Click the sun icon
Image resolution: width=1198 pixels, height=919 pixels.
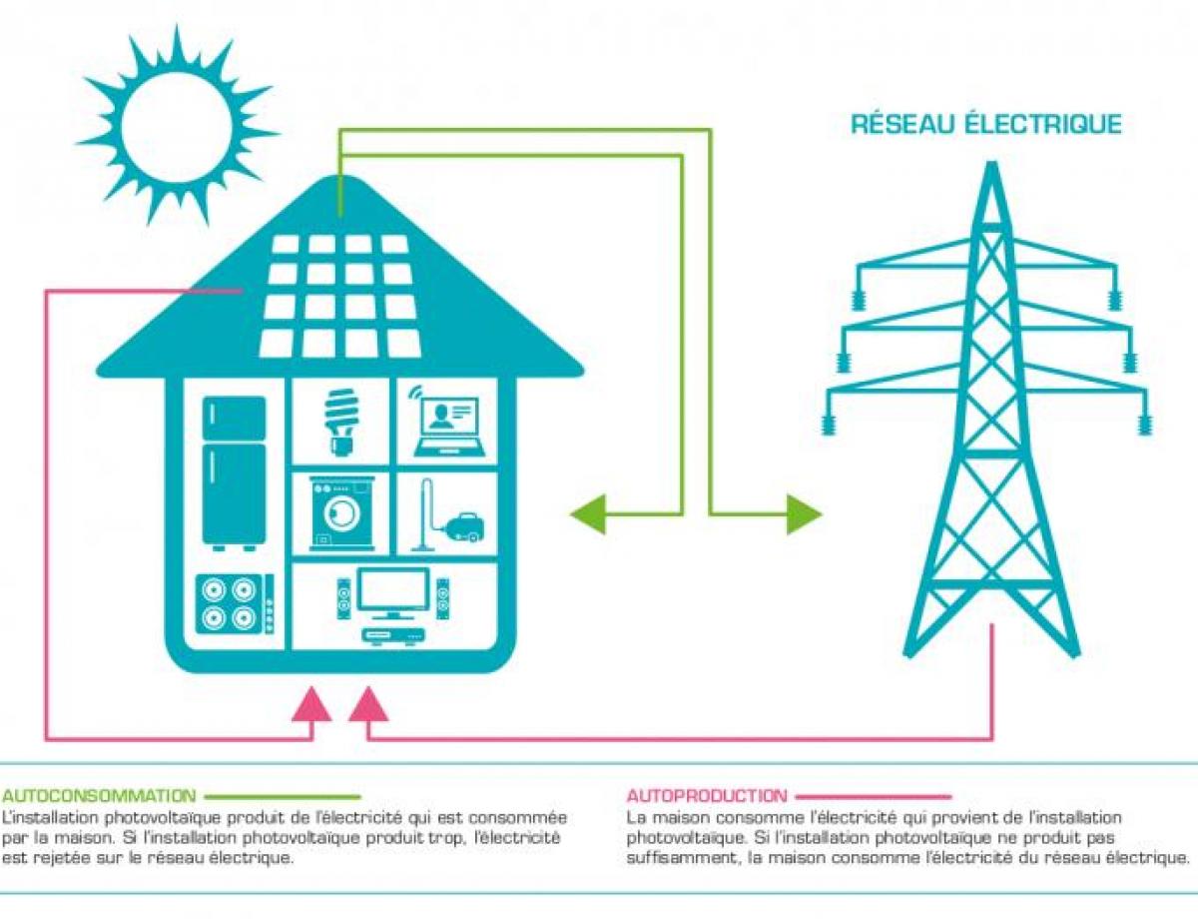177,125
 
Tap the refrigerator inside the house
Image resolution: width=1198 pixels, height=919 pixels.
234,473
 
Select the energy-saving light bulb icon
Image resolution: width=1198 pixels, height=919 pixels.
340,422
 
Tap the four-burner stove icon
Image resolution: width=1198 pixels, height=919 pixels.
235,604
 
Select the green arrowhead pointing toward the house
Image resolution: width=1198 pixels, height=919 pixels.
588,514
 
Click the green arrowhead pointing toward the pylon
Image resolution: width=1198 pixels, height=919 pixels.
804,514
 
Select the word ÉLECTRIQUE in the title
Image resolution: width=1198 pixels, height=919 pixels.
1043,124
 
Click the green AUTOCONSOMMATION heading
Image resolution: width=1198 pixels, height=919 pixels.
99,795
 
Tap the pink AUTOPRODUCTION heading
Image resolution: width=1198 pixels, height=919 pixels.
708,795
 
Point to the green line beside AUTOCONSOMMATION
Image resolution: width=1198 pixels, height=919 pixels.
282,796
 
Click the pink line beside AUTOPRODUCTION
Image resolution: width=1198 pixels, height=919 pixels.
874,796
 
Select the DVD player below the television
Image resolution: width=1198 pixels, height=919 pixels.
393,636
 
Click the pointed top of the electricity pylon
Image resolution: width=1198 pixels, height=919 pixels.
991,163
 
